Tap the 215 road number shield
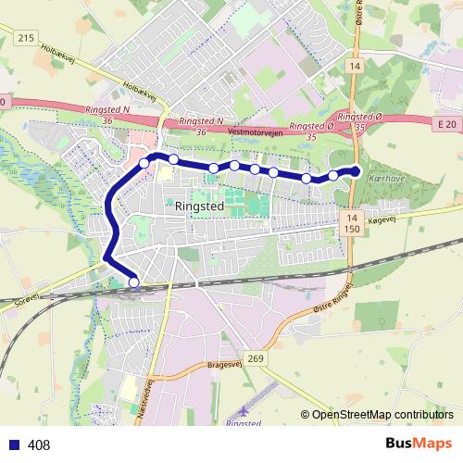coord(25,36)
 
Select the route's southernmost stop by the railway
coord(133,282)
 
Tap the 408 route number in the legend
coord(39,445)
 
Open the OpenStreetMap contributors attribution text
coord(382,416)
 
